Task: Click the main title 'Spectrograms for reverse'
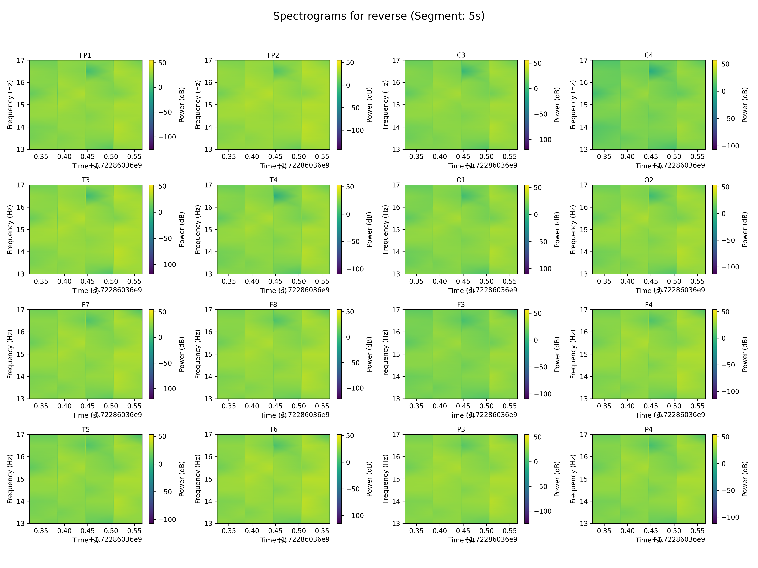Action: pos(379,16)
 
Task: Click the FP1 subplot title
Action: pos(85,55)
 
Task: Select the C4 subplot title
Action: pos(649,55)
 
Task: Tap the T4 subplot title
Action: pos(273,180)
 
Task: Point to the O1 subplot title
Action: pos(461,180)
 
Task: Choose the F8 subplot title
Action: pos(273,304)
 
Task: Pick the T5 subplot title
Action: pos(85,429)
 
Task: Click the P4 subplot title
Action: pos(649,429)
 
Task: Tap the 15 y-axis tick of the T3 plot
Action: pos(21,229)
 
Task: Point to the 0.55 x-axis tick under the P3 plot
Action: pos(510,531)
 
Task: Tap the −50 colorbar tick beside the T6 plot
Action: pos(353,489)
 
